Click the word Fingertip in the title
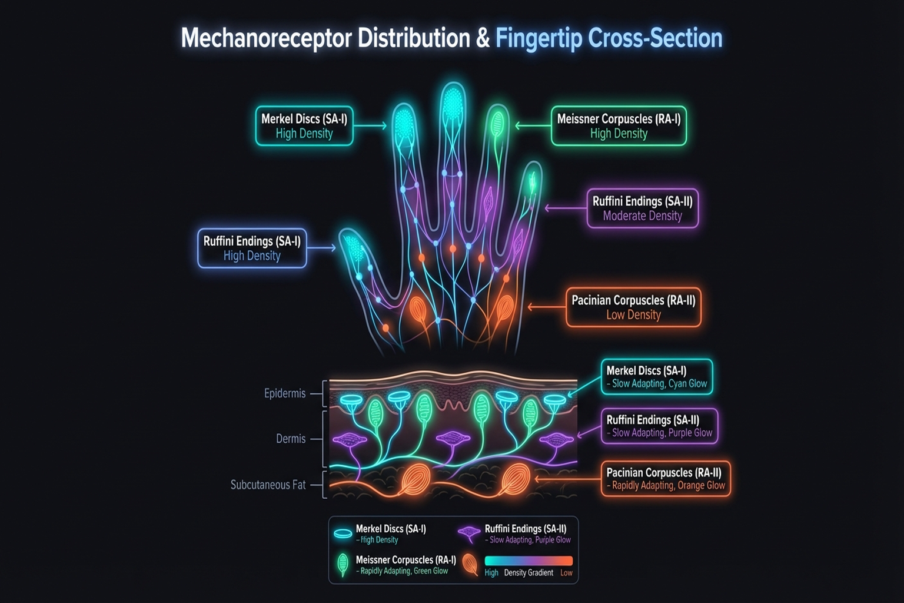coord(539,38)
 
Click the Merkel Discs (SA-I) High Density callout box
coord(304,126)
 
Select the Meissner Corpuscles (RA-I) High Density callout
coord(619,126)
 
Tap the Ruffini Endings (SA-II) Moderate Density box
coord(642,208)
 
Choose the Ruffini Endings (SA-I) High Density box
coord(252,249)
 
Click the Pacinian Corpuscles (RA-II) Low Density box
coord(633,307)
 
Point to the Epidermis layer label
coord(285,393)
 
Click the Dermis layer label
coord(291,439)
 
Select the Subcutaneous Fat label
coord(268,485)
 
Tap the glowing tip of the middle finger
coord(452,103)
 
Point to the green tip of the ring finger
coord(497,124)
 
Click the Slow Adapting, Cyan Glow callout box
coord(657,377)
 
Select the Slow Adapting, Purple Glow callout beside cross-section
coord(659,426)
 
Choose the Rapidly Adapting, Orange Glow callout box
coord(666,479)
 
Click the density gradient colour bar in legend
coord(529,561)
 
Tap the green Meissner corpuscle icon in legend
coord(342,565)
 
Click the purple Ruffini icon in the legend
coord(469,534)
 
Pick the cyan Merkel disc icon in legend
coord(343,534)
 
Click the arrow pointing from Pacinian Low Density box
coord(539,307)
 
